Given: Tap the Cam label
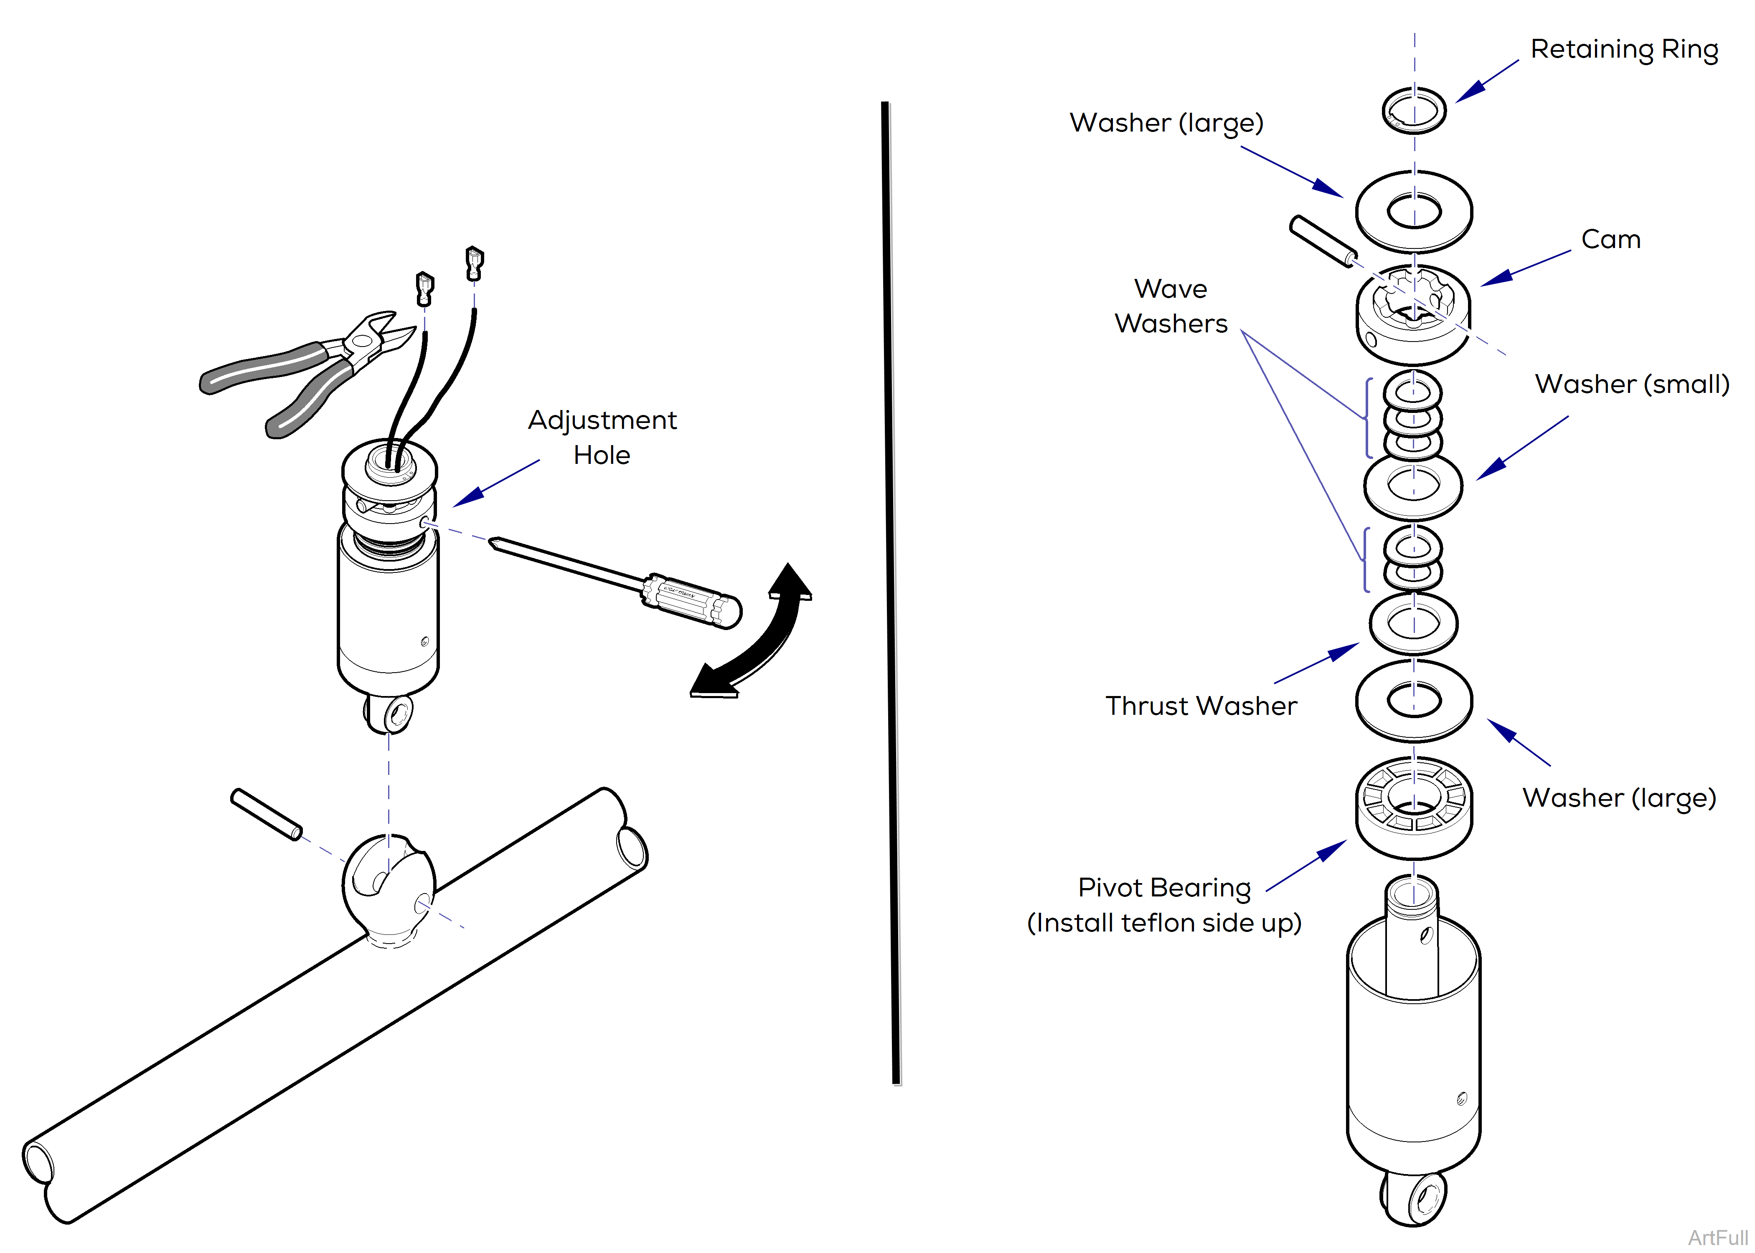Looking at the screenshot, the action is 1611,239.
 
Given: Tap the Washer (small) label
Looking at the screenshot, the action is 1632,384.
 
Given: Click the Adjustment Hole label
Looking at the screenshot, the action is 602,438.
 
